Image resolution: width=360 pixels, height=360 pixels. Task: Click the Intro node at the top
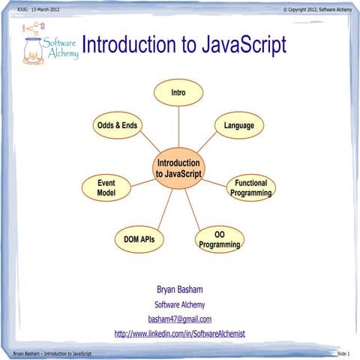pos(178,92)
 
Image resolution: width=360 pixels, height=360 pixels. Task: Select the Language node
pos(238,125)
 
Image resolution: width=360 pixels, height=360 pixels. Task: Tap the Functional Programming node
pos(250,188)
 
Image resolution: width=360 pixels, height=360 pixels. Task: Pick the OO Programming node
pos(220,240)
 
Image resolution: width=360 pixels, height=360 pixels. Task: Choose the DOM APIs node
pos(139,239)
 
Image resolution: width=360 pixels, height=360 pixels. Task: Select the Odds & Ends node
pos(117,125)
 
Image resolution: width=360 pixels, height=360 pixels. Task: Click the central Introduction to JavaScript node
pos(178,168)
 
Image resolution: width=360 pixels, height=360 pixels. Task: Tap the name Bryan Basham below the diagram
pos(179,289)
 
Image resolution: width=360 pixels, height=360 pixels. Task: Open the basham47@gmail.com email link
pos(179,319)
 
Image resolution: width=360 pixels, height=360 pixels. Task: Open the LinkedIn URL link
pos(179,333)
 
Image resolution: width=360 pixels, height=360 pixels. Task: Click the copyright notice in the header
pos(316,9)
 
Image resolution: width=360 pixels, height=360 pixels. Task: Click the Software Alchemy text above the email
pos(179,304)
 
